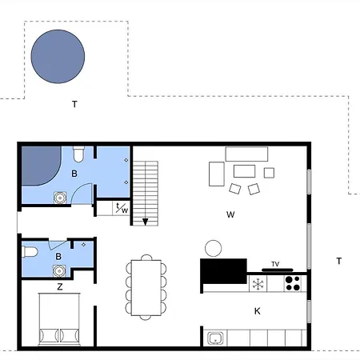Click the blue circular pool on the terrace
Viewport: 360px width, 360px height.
(x=58, y=57)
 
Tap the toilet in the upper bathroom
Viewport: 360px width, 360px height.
(x=78, y=154)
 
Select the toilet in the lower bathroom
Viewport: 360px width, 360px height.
(x=30, y=251)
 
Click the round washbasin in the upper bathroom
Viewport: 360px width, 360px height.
(x=60, y=198)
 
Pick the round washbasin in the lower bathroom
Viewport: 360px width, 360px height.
(x=59, y=271)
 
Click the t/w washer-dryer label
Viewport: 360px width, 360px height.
(x=122, y=208)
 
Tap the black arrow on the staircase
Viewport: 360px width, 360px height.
(x=145, y=222)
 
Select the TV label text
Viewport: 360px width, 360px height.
(x=275, y=264)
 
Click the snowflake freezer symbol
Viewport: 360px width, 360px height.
(x=258, y=284)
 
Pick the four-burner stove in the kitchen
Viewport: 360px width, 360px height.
(x=293, y=283)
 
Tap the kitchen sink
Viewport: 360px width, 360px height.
(x=215, y=338)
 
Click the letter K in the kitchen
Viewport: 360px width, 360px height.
(x=257, y=311)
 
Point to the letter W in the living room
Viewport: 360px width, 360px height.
(x=230, y=214)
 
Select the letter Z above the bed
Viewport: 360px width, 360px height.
(x=60, y=286)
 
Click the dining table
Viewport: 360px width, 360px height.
(x=146, y=287)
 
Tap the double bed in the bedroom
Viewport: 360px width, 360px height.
(x=59, y=319)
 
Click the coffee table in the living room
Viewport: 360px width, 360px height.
(x=244, y=171)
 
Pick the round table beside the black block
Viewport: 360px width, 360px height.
(x=213, y=248)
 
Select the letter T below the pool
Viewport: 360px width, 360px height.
(x=74, y=104)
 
